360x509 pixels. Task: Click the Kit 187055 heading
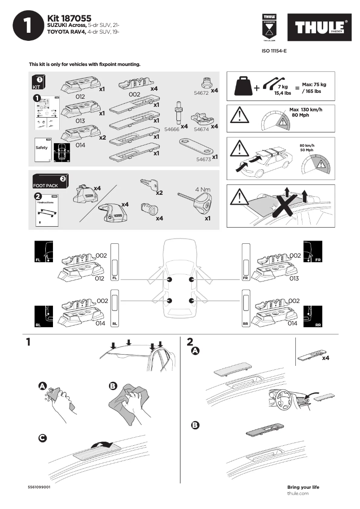[69, 18]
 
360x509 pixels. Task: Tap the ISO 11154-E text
[274, 51]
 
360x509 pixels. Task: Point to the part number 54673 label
[204, 158]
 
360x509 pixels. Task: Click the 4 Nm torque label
[203, 189]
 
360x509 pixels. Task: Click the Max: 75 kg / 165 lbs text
[314, 88]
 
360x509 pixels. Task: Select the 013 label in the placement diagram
[294, 279]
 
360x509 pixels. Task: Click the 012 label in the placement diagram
[100, 279]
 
